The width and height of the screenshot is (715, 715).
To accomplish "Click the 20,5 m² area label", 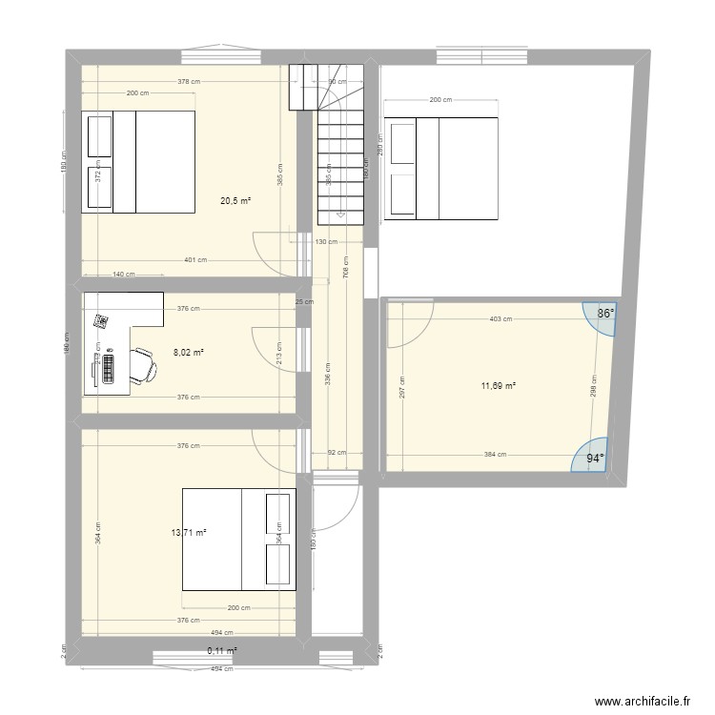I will [x=235, y=201].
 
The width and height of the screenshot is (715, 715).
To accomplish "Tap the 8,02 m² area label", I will [x=188, y=353].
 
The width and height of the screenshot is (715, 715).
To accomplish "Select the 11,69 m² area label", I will [x=498, y=386].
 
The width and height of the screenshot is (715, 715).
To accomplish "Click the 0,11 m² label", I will [x=221, y=651].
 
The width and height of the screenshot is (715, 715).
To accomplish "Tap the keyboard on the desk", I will [x=110, y=364].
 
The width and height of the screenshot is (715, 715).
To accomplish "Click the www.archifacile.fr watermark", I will [x=643, y=702].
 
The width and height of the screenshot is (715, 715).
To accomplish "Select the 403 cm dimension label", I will [x=500, y=320].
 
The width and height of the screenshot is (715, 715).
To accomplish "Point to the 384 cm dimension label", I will [x=493, y=456].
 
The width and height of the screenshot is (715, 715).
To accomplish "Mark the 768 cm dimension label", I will [x=345, y=271].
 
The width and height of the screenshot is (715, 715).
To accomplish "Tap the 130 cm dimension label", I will [x=325, y=242].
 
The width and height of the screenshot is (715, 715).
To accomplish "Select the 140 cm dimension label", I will [x=123, y=275].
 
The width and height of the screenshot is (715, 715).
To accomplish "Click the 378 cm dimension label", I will [x=189, y=82].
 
